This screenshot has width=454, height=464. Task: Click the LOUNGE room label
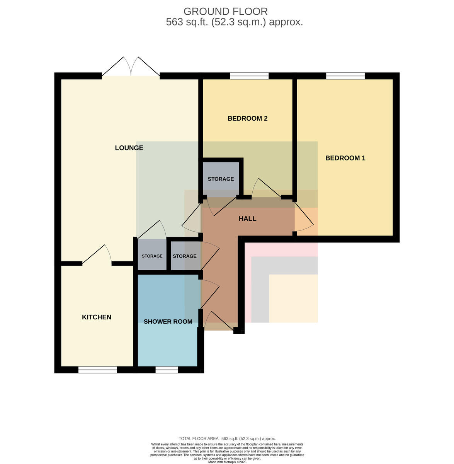pyautogui.click(x=129, y=148)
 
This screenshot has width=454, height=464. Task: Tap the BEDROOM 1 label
pyautogui.click(x=345, y=158)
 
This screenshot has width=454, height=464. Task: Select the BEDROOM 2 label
pyautogui.click(x=247, y=118)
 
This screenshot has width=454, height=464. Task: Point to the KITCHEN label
pyautogui.click(x=97, y=317)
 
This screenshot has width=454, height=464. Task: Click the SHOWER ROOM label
pyautogui.click(x=168, y=321)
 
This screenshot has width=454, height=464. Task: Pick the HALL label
pyautogui.click(x=247, y=218)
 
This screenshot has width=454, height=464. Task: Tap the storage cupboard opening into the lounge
pyautogui.click(x=152, y=254)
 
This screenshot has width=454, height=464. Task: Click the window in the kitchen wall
pyautogui.click(x=98, y=370)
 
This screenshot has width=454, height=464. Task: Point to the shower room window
pyautogui.click(x=167, y=370)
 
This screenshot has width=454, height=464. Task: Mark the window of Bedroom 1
pyautogui.click(x=345, y=76)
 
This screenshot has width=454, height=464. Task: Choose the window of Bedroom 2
pyautogui.click(x=249, y=76)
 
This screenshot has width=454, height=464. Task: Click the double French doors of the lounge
pyautogui.click(x=131, y=67)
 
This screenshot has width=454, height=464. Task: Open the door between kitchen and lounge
pyautogui.click(x=97, y=255)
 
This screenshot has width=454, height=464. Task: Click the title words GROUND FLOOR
pyautogui.click(x=225, y=11)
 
